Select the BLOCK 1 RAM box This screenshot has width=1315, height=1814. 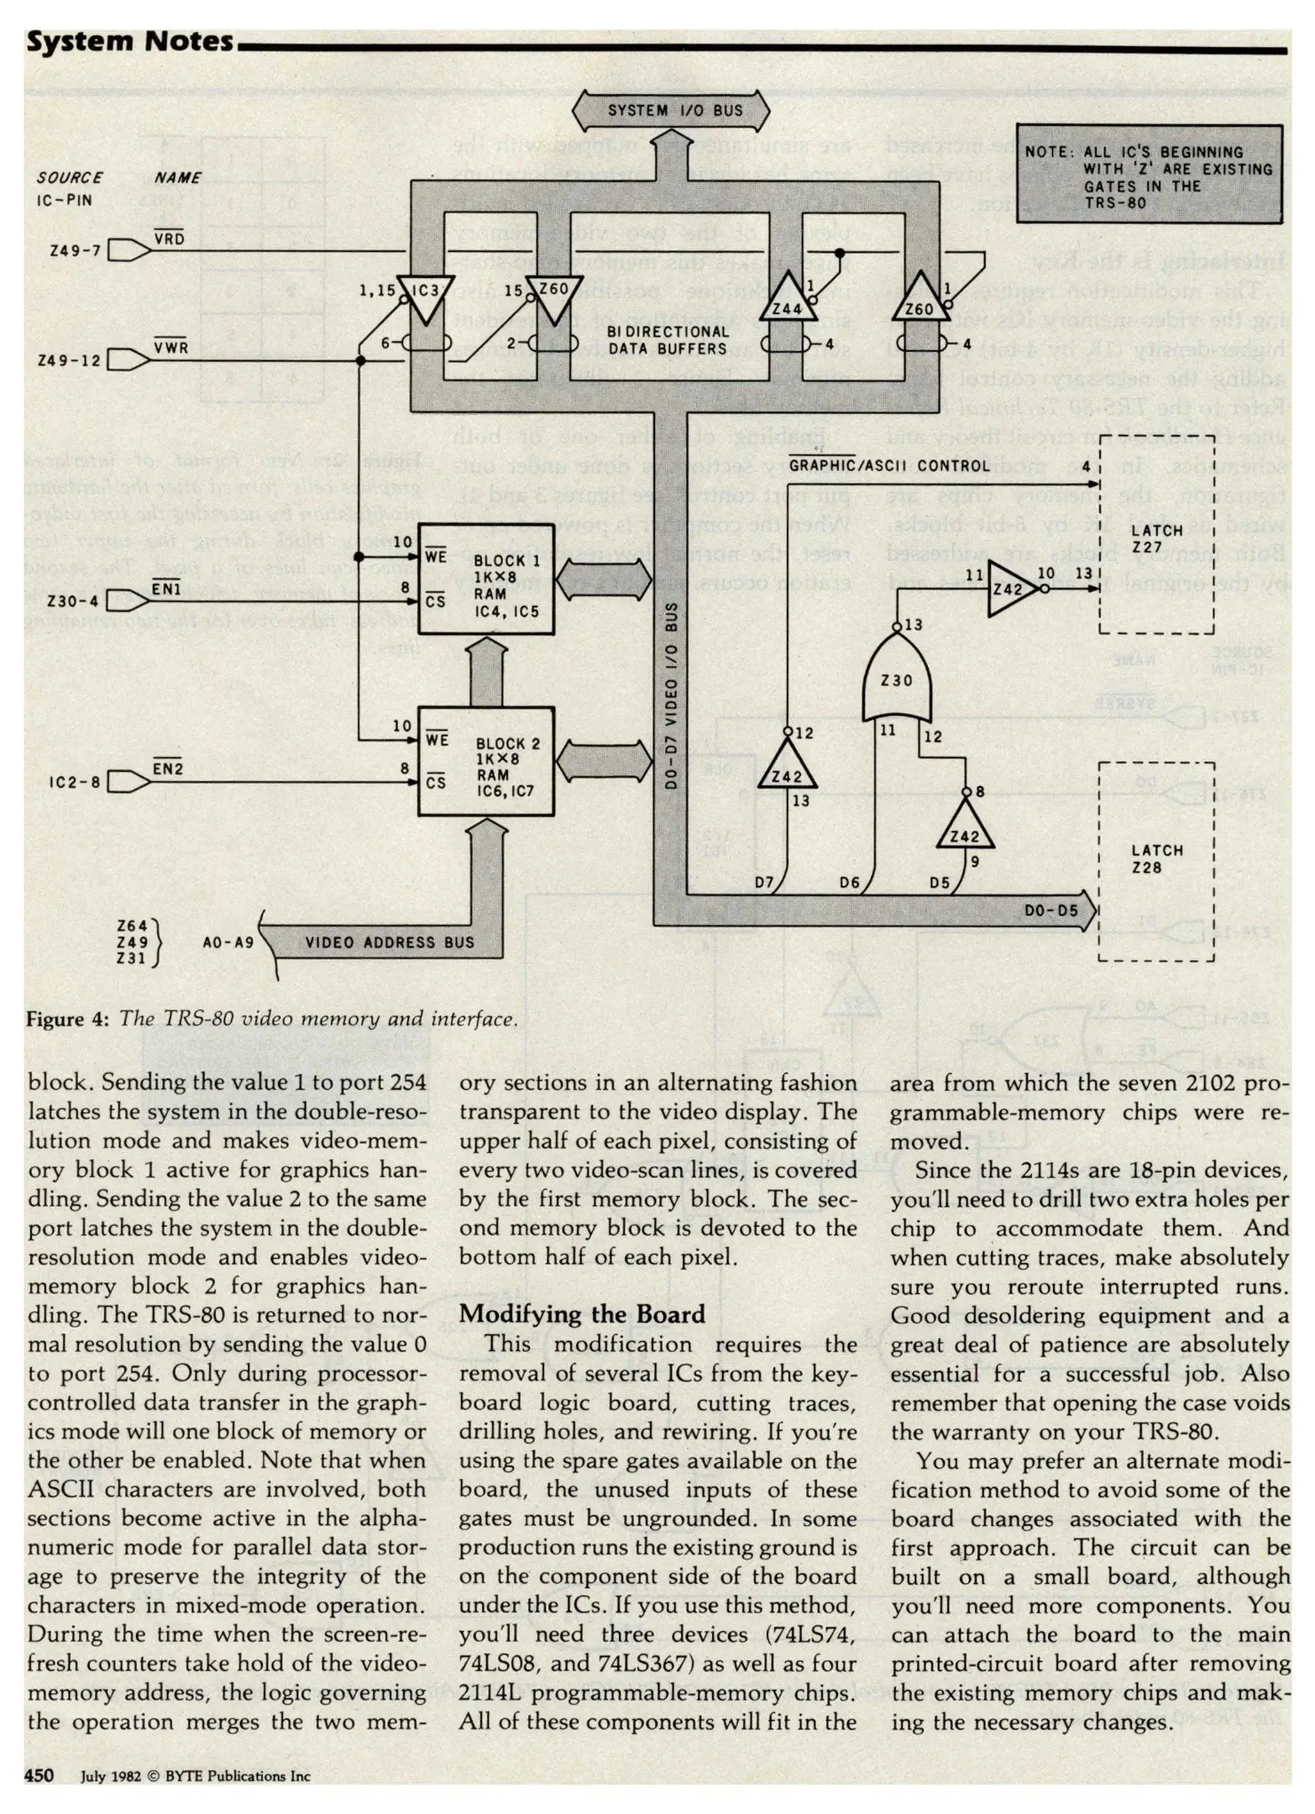coord(486,579)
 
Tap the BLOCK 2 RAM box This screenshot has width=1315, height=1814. coord(486,762)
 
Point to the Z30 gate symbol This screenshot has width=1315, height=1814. coord(896,678)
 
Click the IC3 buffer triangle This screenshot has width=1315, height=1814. coord(426,295)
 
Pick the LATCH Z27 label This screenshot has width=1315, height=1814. coord(1156,538)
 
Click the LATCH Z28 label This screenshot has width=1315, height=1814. coord(1156,858)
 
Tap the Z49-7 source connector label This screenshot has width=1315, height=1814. coord(74,250)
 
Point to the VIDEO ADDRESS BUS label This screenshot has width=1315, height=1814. coord(390,942)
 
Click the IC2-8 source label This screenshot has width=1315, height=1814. coord(74,782)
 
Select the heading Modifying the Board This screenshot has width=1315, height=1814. coord(582,1314)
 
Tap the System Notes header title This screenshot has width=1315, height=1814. coord(130,41)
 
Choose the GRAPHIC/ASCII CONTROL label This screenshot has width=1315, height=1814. coord(889,465)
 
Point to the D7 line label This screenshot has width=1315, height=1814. coord(763,882)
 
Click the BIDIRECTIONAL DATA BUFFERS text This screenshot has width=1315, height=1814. coord(668,340)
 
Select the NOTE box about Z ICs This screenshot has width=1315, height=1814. coord(1149,174)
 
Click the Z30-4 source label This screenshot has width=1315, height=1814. coord(72,600)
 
